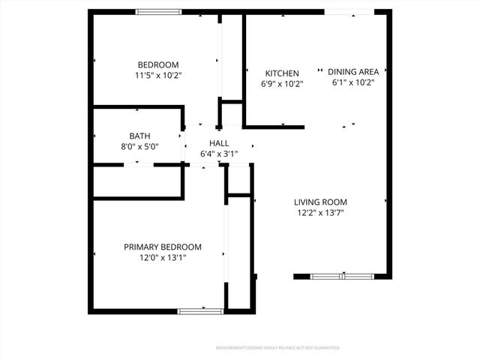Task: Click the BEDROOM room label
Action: pos(157,64)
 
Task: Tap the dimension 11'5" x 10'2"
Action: pos(158,75)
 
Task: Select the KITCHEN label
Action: pos(282,73)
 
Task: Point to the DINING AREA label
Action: pos(353,72)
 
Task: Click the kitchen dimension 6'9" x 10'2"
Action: pos(283,84)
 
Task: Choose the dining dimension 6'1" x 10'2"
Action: pos(353,82)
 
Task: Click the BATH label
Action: pos(139,136)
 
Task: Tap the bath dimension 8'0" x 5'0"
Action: pos(139,147)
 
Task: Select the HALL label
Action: pos(219,142)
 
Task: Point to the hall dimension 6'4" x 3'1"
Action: pos(219,154)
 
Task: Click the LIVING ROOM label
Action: pos(320,202)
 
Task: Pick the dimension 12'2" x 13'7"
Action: pos(320,213)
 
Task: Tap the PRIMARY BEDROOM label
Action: pos(163,247)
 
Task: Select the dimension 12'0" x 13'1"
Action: pos(163,258)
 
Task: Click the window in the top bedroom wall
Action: pos(158,12)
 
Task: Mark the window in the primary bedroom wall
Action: pos(200,310)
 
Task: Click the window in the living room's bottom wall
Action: pos(342,277)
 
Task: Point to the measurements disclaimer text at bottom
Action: pos(277,348)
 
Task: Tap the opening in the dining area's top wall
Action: pos(349,12)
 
